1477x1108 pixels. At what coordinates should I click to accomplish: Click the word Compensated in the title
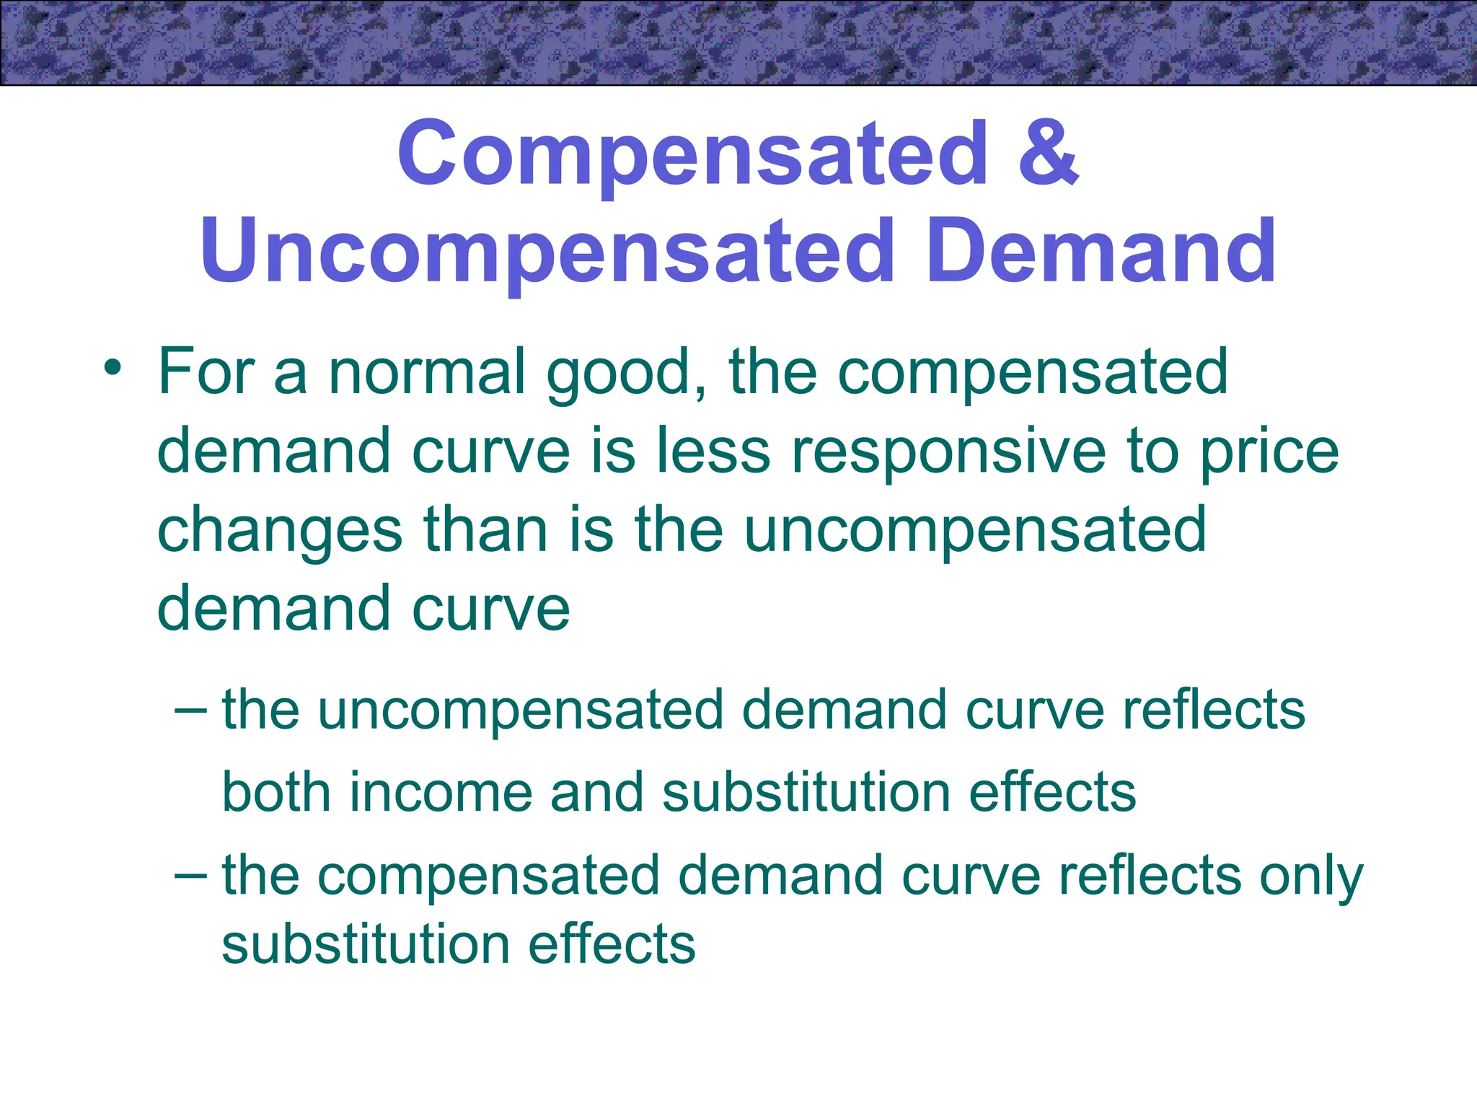692,154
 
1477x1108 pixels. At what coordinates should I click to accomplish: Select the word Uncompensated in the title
547,251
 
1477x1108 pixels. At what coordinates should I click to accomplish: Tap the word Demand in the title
1101,251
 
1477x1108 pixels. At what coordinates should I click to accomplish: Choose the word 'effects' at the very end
612,944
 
